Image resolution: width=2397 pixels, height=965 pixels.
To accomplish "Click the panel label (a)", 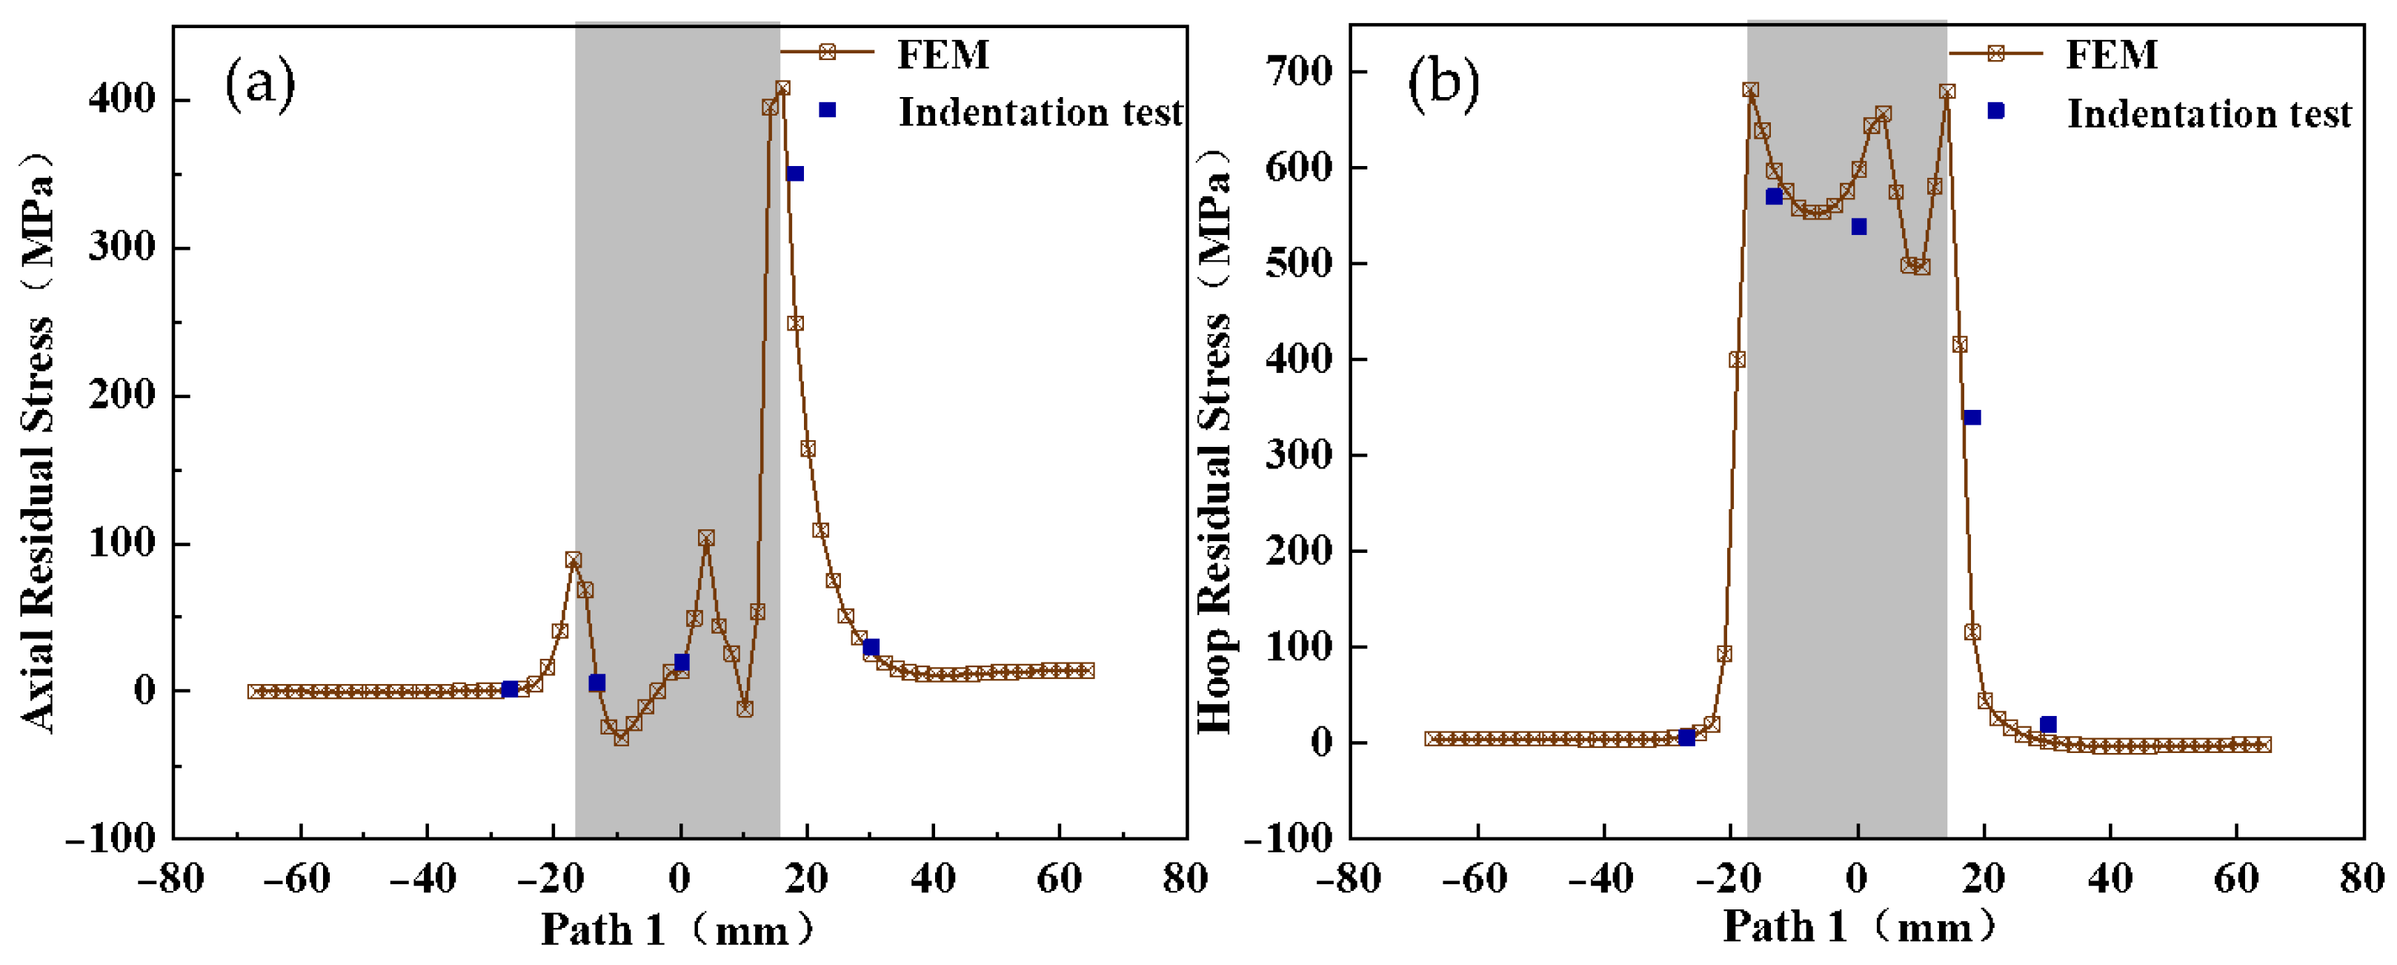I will (259, 84).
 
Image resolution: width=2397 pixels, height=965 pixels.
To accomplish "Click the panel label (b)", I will (1443, 84).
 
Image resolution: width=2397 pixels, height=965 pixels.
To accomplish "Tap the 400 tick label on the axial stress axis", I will (123, 99).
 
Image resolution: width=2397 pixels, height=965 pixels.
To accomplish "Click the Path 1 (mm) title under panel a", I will (677, 929).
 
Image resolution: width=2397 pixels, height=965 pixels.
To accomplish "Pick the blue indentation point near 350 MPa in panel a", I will (794, 174).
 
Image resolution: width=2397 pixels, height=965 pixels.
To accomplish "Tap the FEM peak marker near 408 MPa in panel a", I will (782, 88).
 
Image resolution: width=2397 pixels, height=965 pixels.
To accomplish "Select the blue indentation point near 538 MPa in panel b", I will (1858, 227).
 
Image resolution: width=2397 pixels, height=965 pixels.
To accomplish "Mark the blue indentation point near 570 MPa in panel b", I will (1774, 196).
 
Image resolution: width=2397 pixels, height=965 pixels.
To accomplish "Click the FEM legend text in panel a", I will (942, 55).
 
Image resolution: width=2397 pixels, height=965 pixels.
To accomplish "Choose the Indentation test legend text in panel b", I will (2209, 113).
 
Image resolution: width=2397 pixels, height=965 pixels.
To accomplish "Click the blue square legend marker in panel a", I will (827, 110).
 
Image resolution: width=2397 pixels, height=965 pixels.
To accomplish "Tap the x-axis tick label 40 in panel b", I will (2110, 878).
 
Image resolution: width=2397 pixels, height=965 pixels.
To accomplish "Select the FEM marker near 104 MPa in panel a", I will (706, 538).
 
